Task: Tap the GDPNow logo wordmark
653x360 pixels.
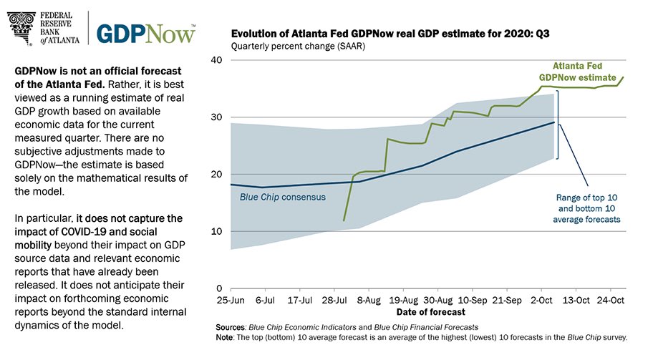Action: [146, 34]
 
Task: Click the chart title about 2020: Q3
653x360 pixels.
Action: [390, 34]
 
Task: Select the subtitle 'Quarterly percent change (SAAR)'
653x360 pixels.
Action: [298, 47]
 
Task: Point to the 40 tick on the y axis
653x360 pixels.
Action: [216, 60]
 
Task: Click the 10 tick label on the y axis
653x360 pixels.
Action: [216, 231]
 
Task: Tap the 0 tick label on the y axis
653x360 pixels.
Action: [220, 288]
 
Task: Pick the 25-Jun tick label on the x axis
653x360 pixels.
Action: [231, 301]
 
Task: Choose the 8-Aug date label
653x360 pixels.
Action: [369, 301]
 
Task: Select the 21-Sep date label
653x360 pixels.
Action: [507, 301]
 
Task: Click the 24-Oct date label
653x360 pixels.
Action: [611, 301]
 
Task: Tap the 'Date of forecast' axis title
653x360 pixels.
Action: [430, 312]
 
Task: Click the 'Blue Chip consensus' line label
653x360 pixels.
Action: [282, 198]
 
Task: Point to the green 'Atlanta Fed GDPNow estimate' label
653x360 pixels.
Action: [577, 72]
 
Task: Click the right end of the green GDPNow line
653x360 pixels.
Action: [623, 77]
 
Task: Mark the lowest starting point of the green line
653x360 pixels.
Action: [344, 220]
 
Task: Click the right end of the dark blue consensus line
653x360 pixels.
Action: [554, 122]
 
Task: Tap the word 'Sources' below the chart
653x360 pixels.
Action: [230, 328]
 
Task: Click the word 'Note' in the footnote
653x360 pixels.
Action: [225, 338]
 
